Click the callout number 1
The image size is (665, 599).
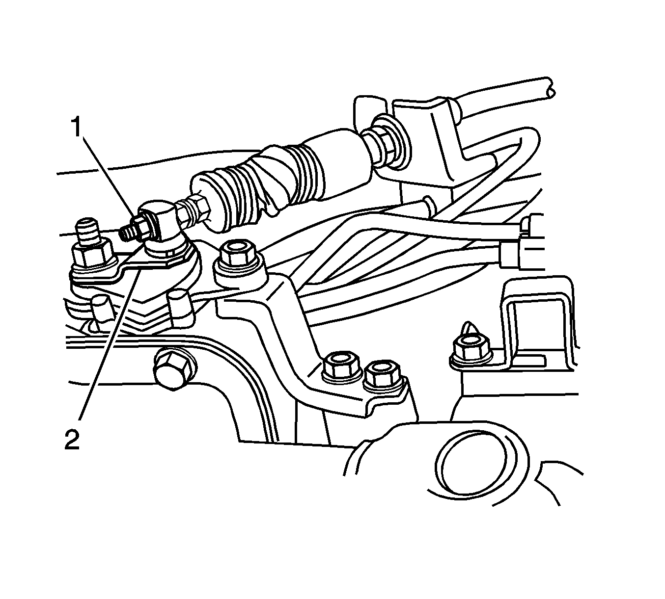[x=77, y=127]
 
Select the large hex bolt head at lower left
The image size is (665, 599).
[x=175, y=370]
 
